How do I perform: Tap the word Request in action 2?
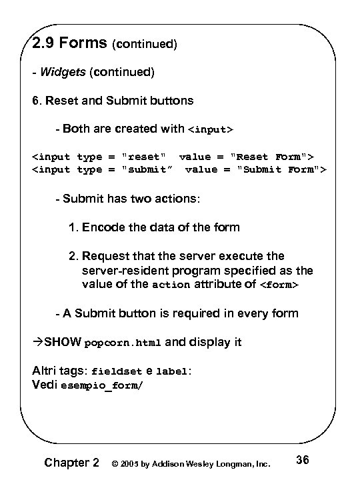click(x=105, y=256)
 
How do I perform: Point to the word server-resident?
click(x=126, y=270)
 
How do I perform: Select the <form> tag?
click(x=279, y=285)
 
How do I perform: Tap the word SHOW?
click(x=61, y=343)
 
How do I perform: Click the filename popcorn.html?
click(x=123, y=344)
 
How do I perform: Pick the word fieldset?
click(x=116, y=372)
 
